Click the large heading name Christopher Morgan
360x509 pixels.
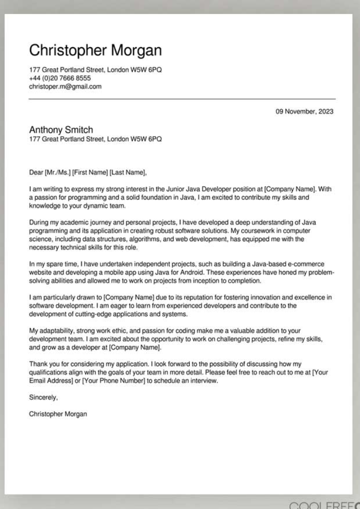coord(95,51)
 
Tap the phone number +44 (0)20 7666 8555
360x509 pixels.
coord(60,78)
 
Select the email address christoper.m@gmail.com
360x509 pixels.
coord(65,86)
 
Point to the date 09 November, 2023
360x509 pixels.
coord(304,111)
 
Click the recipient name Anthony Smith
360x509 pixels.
coord(61,130)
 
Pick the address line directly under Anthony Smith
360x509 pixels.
coord(95,139)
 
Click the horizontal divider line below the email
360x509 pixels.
coord(182,99)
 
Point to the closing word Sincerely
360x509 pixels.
coord(43,397)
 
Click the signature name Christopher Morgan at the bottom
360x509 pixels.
coord(58,414)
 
